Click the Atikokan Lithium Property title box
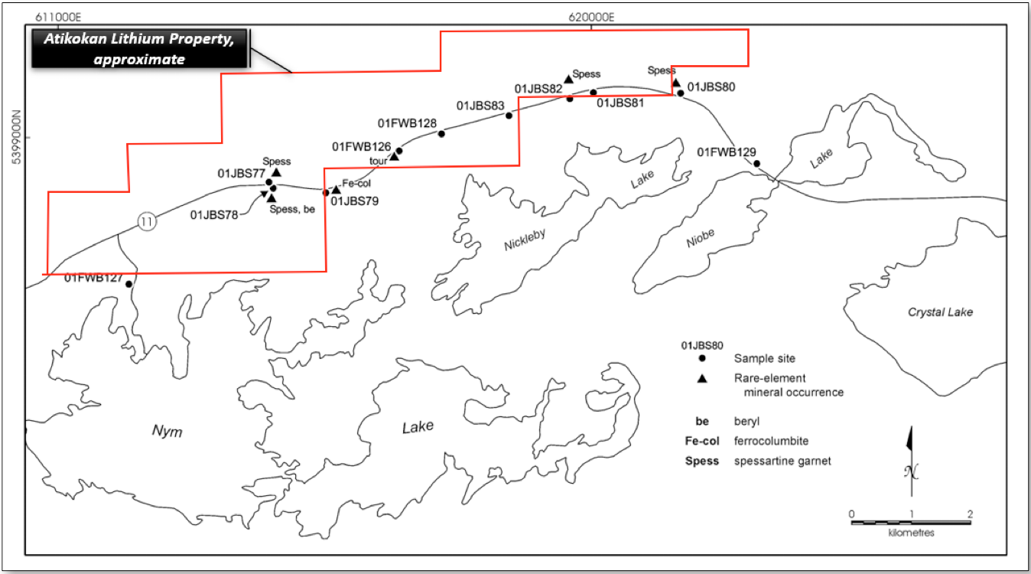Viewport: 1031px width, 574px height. coord(139,49)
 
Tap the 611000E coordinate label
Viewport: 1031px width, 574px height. coord(58,18)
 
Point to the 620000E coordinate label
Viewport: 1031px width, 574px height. coord(591,18)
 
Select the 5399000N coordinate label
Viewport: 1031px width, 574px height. coord(17,137)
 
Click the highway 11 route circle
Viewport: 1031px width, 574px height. coord(147,222)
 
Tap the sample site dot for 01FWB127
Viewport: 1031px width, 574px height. coord(128,284)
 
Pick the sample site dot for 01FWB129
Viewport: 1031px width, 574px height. coord(756,164)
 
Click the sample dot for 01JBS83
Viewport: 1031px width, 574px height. coord(509,116)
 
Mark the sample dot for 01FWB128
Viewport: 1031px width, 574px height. coord(441,134)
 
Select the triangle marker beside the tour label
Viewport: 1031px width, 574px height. coord(395,157)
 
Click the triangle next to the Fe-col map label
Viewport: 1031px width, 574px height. coord(336,189)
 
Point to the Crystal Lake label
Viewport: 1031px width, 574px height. coord(940,312)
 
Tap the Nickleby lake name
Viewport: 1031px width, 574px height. coord(525,240)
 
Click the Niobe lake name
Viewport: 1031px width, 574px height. coord(701,238)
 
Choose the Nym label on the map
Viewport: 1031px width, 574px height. coord(167,431)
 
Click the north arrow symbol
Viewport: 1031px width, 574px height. coord(911,461)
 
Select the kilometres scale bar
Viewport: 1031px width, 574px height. coord(911,523)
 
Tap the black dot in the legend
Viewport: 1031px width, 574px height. coord(702,358)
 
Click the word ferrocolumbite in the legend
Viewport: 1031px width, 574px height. coord(771,441)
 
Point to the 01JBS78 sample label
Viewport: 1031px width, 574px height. coord(214,215)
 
